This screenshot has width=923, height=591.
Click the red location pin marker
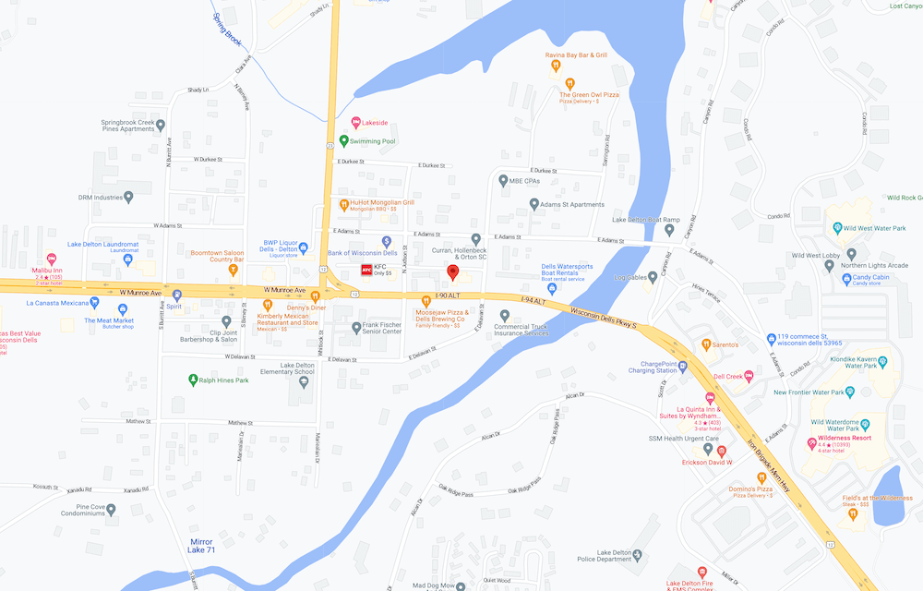point(452,272)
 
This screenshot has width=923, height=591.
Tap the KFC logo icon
point(366,270)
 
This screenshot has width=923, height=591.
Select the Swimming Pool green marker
point(343,141)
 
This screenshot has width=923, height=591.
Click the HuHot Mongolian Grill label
point(382,201)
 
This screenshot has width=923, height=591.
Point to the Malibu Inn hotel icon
point(50,259)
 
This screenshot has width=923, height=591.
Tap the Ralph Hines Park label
point(223,380)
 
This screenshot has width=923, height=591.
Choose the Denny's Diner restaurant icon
point(315,296)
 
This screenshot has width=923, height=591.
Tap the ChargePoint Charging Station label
point(653,368)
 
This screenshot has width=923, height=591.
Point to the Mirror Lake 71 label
point(202,546)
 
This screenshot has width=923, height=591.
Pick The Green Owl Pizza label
point(589,94)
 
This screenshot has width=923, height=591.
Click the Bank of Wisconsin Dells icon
point(387,241)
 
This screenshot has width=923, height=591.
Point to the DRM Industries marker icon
point(128,197)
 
